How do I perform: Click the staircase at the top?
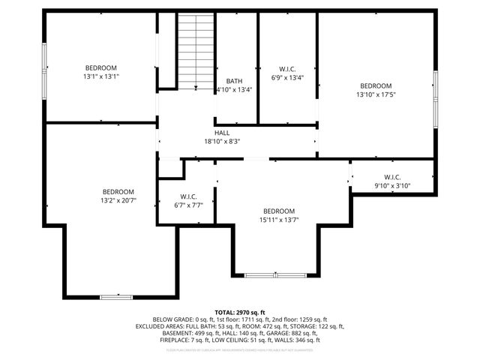pos(196,50)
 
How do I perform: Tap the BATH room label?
pos(233,80)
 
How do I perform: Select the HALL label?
pos(222,133)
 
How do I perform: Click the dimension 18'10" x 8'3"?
pos(222,141)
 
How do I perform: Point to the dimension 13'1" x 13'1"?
pos(101,76)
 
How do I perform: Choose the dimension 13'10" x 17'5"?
pos(376,94)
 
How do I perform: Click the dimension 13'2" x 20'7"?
pos(118,200)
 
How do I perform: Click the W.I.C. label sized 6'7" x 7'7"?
pos(188,196)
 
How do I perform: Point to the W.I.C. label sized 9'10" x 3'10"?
pos(392,177)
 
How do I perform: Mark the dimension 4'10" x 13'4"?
pos(233,88)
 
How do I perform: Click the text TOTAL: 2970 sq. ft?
pos(240,312)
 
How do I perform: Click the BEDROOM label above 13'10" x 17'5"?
pos(376,85)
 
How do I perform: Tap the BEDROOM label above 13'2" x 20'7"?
pos(118,191)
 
